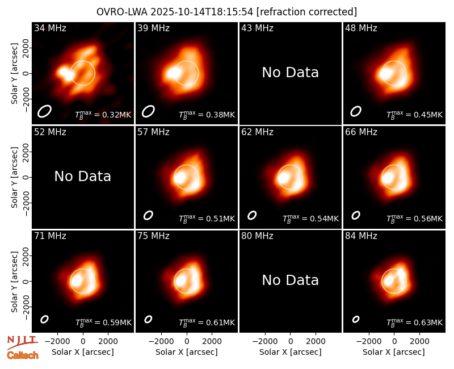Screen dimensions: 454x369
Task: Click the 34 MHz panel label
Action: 50,28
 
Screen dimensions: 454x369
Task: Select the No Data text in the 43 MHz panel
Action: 290,73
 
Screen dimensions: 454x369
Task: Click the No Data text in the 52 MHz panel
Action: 82,177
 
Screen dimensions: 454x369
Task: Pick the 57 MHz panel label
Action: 153,132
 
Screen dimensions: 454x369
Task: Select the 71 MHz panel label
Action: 50,236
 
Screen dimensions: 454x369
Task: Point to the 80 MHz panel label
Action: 257,236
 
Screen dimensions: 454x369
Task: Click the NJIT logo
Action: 22,341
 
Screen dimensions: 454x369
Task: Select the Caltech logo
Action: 23,355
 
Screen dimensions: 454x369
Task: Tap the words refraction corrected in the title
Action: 307,12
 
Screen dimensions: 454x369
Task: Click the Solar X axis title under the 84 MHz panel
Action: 394,352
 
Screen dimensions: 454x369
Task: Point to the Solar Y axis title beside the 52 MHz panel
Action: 14,177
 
